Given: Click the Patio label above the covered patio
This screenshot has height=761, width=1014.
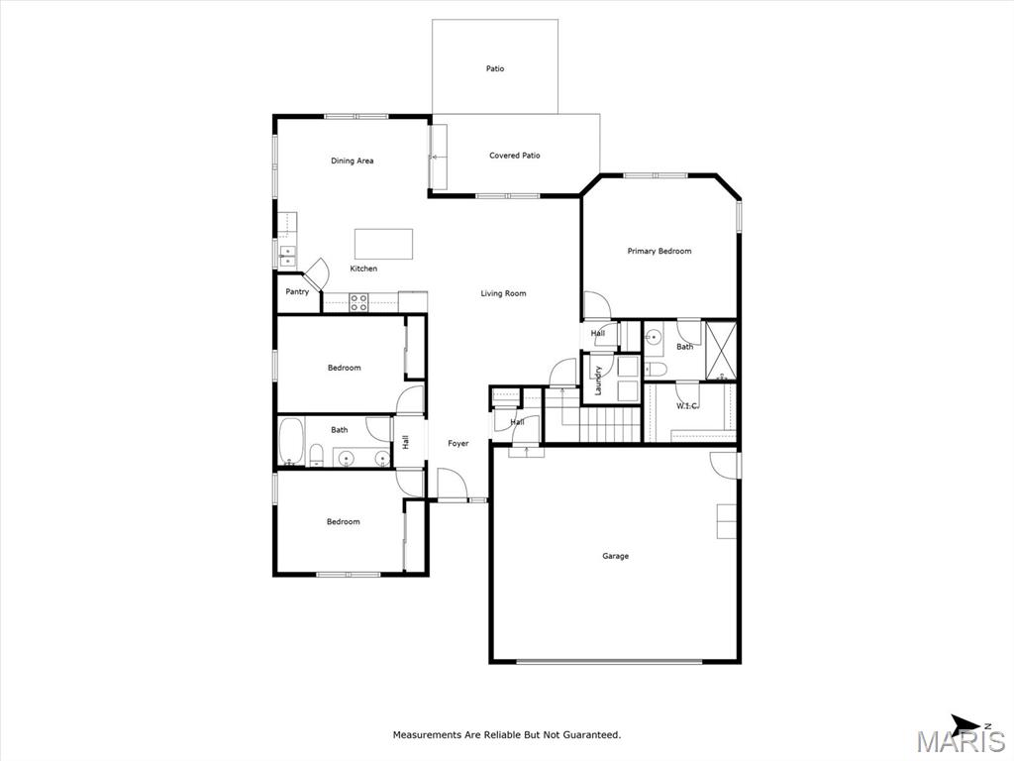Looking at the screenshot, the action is pyautogui.click(x=495, y=68).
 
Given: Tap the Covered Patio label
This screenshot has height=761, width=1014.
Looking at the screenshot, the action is pyautogui.click(x=514, y=156).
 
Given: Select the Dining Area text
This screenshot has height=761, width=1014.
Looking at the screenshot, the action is pyautogui.click(x=352, y=162).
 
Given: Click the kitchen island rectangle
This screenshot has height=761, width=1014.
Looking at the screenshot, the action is pyautogui.click(x=383, y=244).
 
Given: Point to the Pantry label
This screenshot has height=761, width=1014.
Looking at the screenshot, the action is pyautogui.click(x=297, y=292).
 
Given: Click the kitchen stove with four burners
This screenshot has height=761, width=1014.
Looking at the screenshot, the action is pyautogui.click(x=358, y=303).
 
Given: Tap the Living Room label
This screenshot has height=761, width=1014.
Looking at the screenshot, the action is pyautogui.click(x=503, y=293).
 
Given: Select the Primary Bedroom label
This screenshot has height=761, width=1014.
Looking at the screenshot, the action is pyautogui.click(x=659, y=251).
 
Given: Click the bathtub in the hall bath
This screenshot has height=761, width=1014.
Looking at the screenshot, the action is pyautogui.click(x=291, y=441).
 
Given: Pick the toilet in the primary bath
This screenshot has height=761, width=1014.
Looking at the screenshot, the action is pyautogui.click(x=656, y=370).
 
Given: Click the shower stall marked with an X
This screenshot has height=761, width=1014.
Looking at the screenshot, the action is pyautogui.click(x=721, y=350).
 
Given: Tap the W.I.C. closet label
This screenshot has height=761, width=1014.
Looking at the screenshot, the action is pyautogui.click(x=687, y=406).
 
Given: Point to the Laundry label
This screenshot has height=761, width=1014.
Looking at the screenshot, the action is pyautogui.click(x=598, y=380).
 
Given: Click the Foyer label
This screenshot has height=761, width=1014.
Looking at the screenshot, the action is pyautogui.click(x=457, y=443).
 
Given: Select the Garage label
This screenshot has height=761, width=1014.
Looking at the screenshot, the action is pyautogui.click(x=615, y=556).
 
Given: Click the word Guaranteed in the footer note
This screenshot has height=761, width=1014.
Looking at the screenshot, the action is pyautogui.click(x=591, y=735).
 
